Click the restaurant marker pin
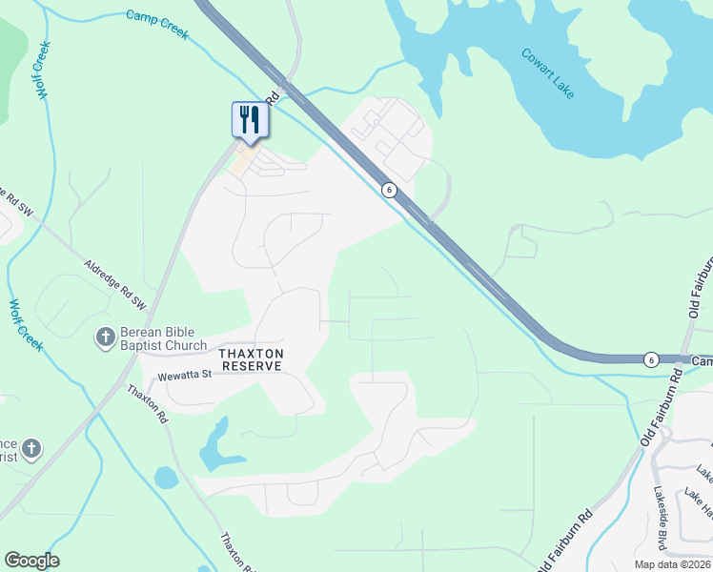(250, 120)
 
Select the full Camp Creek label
(157, 25)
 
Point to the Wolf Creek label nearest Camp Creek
(42, 70)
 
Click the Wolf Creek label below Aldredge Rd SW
(27, 325)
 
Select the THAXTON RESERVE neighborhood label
(251, 359)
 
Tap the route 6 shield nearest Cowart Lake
(389, 190)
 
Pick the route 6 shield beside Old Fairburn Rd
(651, 359)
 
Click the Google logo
(31, 561)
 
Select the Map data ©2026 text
(672, 563)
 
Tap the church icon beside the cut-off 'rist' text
(31, 448)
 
